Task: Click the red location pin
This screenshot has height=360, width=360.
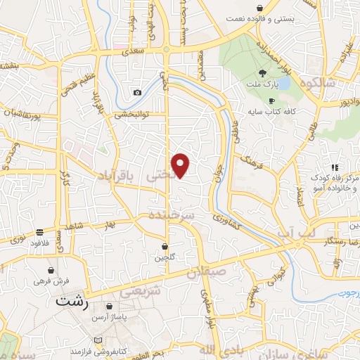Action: (181, 165)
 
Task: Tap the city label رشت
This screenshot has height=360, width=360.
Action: (72, 302)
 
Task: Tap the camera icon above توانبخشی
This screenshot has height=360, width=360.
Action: (137, 93)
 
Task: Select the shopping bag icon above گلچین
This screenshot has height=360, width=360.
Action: (165, 247)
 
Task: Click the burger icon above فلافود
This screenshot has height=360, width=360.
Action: (39, 232)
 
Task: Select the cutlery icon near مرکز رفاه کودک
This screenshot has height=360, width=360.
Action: (335, 167)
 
